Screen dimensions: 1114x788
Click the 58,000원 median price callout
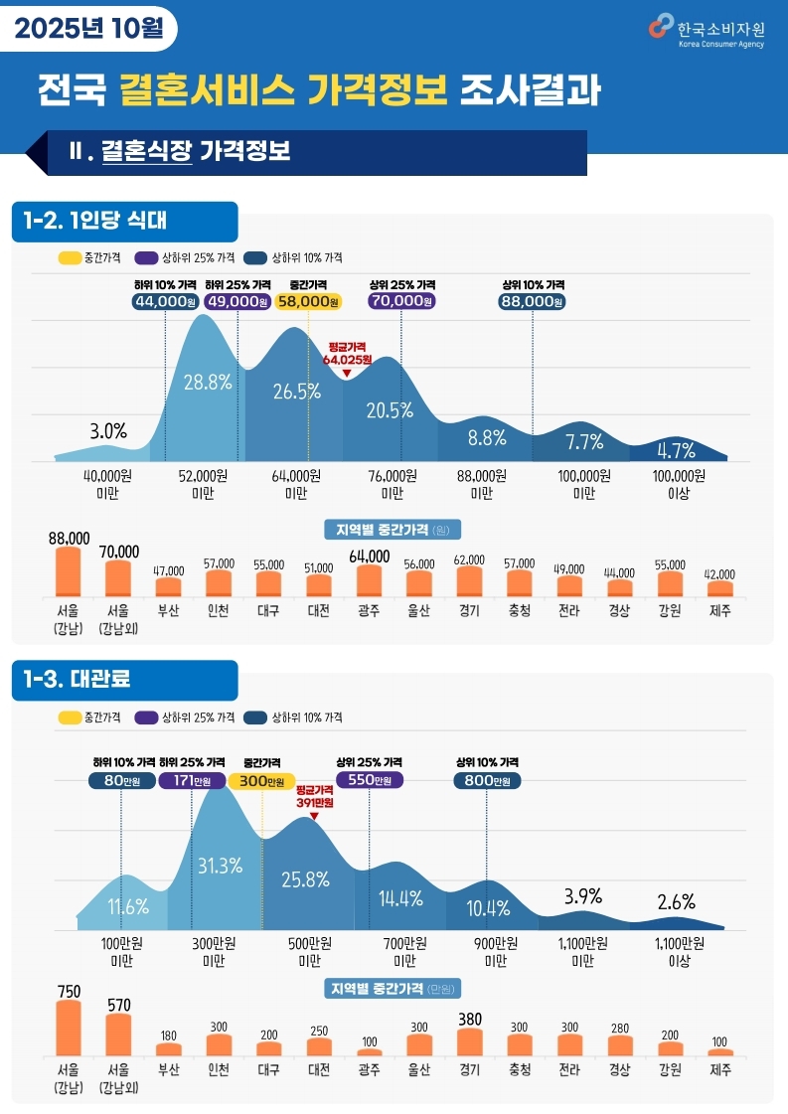(x=308, y=301)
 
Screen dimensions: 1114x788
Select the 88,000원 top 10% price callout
(x=533, y=301)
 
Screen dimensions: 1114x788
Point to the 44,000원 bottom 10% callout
(x=165, y=301)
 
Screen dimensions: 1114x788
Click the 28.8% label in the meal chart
(x=208, y=381)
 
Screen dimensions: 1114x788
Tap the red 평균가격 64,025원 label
(x=347, y=354)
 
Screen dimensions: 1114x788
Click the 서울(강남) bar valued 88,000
(x=69, y=571)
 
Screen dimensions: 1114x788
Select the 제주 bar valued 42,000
(x=720, y=588)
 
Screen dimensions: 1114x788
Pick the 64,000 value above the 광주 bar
(x=369, y=556)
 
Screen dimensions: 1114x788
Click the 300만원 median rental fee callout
(x=262, y=781)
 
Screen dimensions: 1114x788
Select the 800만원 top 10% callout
(x=487, y=781)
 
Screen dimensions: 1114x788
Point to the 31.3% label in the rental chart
(x=221, y=866)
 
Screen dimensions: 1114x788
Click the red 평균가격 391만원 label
(x=314, y=796)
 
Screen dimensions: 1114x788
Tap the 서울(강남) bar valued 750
(x=69, y=1028)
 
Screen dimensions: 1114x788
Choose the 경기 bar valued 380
(x=470, y=1041)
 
